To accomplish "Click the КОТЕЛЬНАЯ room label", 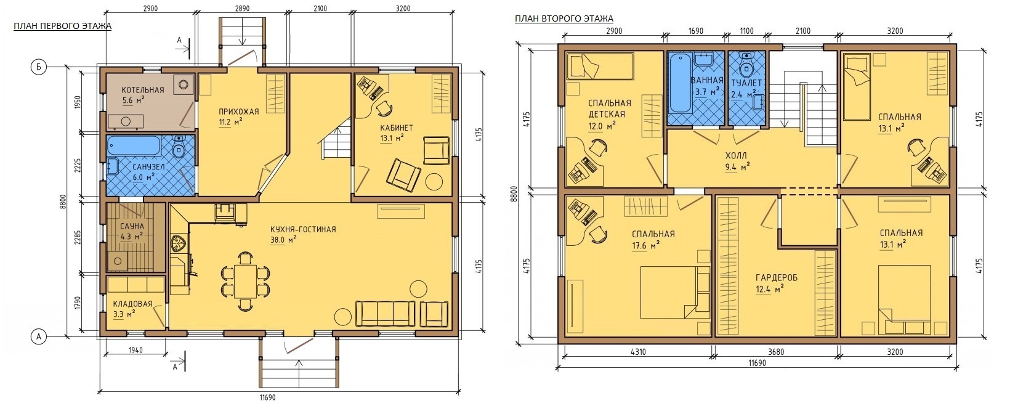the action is (x=143, y=90).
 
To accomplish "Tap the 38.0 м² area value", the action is (x=283, y=240).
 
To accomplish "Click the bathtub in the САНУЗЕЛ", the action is (x=134, y=146).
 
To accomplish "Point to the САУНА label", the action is (x=132, y=226).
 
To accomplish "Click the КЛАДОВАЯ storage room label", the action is (x=132, y=304).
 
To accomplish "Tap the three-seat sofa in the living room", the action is (x=386, y=313).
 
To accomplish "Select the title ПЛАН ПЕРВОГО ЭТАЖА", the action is (x=63, y=26).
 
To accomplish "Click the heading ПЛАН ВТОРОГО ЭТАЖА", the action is (x=564, y=18).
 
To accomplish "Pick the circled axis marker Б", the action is (x=39, y=67).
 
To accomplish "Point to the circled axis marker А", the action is (x=39, y=336).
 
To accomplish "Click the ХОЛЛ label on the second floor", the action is (x=736, y=156).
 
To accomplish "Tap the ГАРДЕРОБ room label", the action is (x=777, y=277).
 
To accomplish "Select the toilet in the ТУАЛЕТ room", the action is (x=746, y=67).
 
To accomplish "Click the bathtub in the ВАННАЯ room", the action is (x=679, y=83).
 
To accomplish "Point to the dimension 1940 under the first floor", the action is (x=135, y=350).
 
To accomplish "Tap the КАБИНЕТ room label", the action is (x=397, y=128).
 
